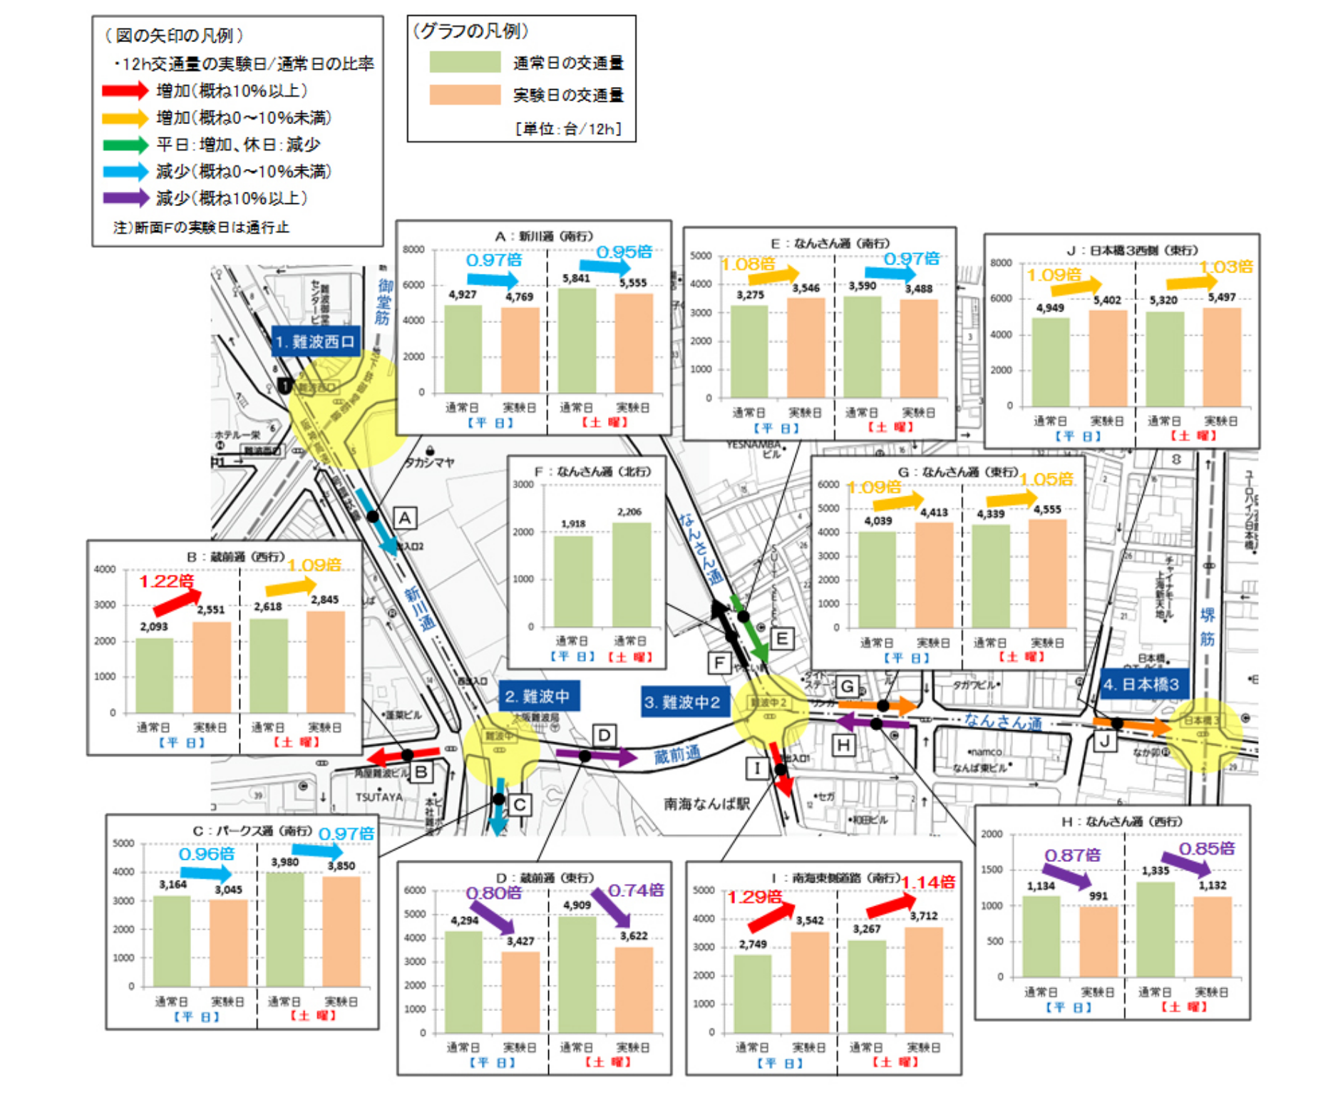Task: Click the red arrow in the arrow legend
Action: pyautogui.click(x=125, y=91)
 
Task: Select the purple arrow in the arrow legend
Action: pyautogui.click(x=125, y=197)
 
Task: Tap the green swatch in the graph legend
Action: pyautogui.click(x=465, y=63)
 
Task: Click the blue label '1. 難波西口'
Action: pyautogui.click(x=315, y=342)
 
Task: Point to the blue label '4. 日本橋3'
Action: pyautogui.click(x=1142, y=684)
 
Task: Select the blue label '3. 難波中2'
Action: pyautogui.click(x=683, y=702)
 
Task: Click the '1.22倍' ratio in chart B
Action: pyautogui.click(x=166, y=581)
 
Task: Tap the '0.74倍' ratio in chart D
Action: pyautogui.click(x=636, y=890)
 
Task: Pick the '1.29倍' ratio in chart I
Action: pyautogui.click(x=754, y=897)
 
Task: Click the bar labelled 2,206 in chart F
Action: pyautogui.click(x=632, y=575)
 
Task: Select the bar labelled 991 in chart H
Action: pyautogui.click(x=1098, y=941)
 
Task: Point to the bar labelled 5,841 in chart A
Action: pyautogui.click(x=577, y=341)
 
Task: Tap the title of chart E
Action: pyautogui.click(x=820, y=243)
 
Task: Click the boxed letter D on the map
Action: pyautogui.click(x=604, y=735)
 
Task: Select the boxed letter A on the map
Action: pyautogui.click(x=405, y=518)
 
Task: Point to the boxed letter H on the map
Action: pyautogui.click(x=843, y=746)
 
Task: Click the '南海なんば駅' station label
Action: pyautogui.click(x=706, y=804)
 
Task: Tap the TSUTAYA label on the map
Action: pyautogui.click(x=379, y=797)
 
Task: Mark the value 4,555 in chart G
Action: pyautogui.click(x=1047, y=509)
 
